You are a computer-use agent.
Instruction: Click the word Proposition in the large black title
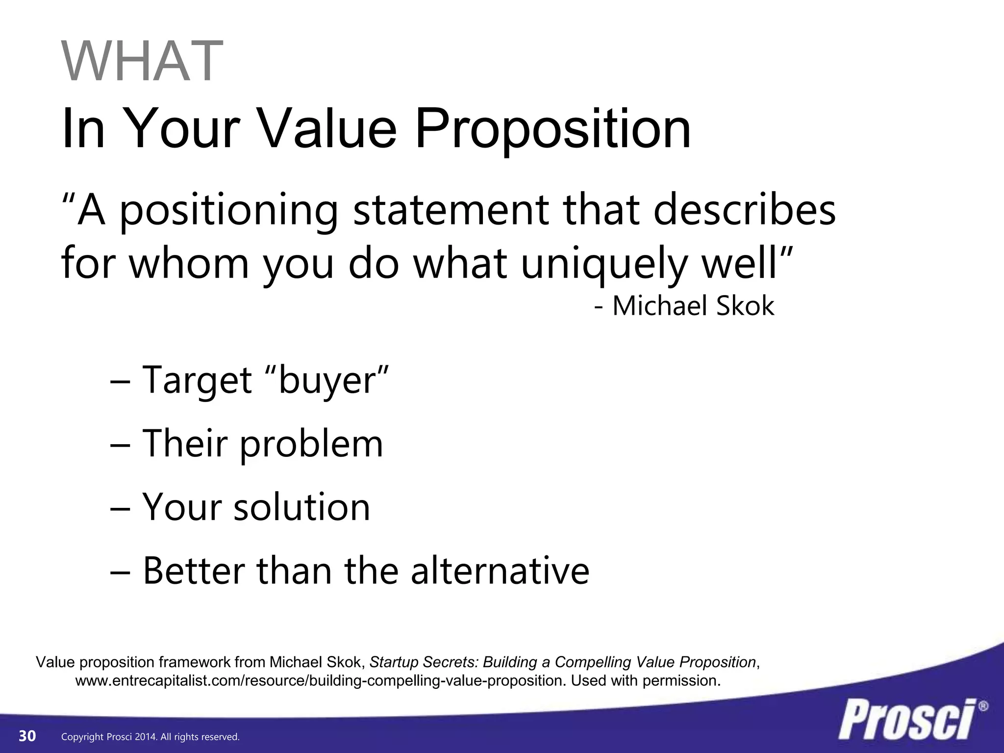(553, 128)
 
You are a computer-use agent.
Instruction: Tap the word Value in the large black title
(327, 128)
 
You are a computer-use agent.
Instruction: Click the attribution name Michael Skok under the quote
(693, 306)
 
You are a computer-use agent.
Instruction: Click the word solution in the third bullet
(301, 507)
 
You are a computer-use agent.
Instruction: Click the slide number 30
(27, 736)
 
